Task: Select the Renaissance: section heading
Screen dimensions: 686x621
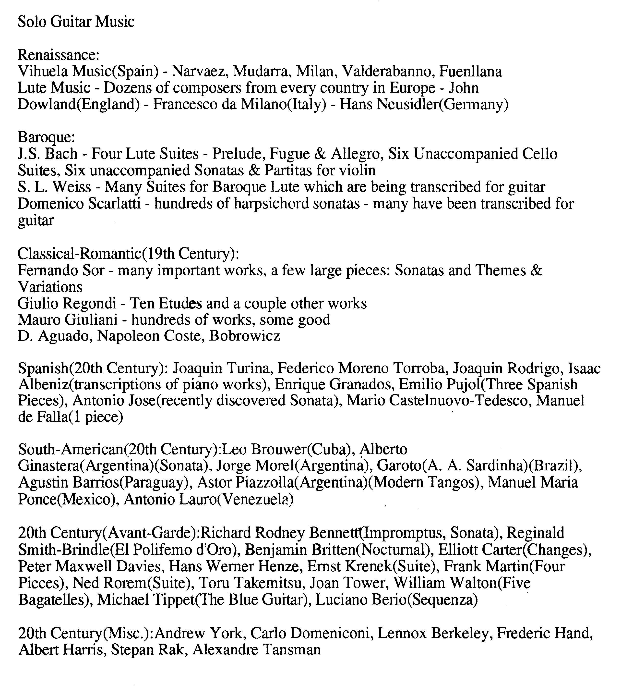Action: click(x=58, y=55)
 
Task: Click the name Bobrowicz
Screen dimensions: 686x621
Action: click(x=245, y=336)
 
